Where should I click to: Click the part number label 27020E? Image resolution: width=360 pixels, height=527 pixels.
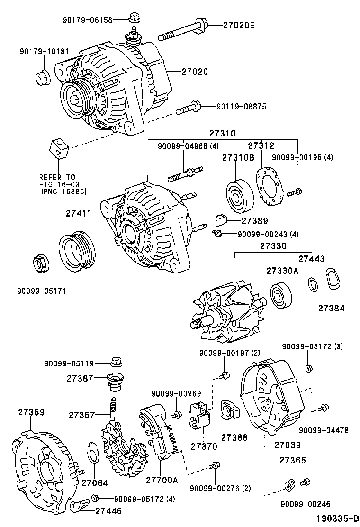click(x=239, y=25)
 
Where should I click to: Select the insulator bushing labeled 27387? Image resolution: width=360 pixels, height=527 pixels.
click(x=115, y=381)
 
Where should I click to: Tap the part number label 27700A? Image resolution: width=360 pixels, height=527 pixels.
click(x=162, y=480)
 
